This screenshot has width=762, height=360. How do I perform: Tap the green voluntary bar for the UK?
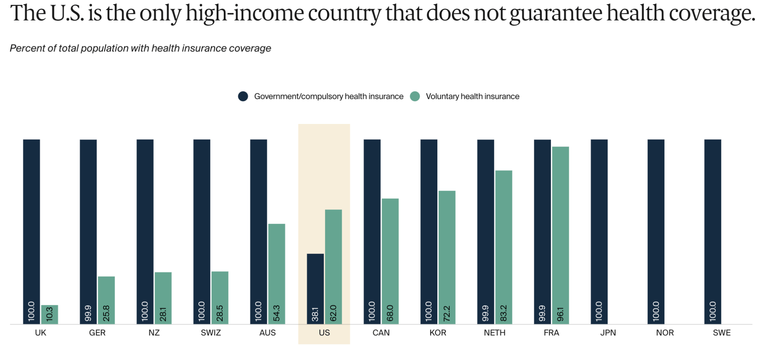click(x=50, y=314)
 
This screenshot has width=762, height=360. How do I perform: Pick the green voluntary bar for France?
click(x=560, y=235)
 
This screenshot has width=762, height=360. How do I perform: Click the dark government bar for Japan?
click(x=599, y=231)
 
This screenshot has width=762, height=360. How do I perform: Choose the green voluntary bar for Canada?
click(x=390, y=261)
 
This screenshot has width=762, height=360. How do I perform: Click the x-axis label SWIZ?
click(x=211, y=333)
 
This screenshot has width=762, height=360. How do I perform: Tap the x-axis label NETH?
click(x=494, y=333)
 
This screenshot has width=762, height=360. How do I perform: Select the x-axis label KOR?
click(x=438, y=333)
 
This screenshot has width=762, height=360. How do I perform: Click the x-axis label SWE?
click(x=721, y=333)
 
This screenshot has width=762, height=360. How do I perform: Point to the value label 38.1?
click(x=315, y=314)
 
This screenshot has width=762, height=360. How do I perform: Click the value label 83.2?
click(x=504, y=313)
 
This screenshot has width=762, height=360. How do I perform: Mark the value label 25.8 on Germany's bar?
click(x=106, y=313)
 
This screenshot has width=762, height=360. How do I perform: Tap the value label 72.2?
click(x=447, y=313)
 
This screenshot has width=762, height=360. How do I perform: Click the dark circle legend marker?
click(x=243, y=96)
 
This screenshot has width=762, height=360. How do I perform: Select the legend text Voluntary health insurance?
click(x=472, y=96)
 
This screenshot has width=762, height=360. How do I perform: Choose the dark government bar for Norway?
click(x=656, y=231)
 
